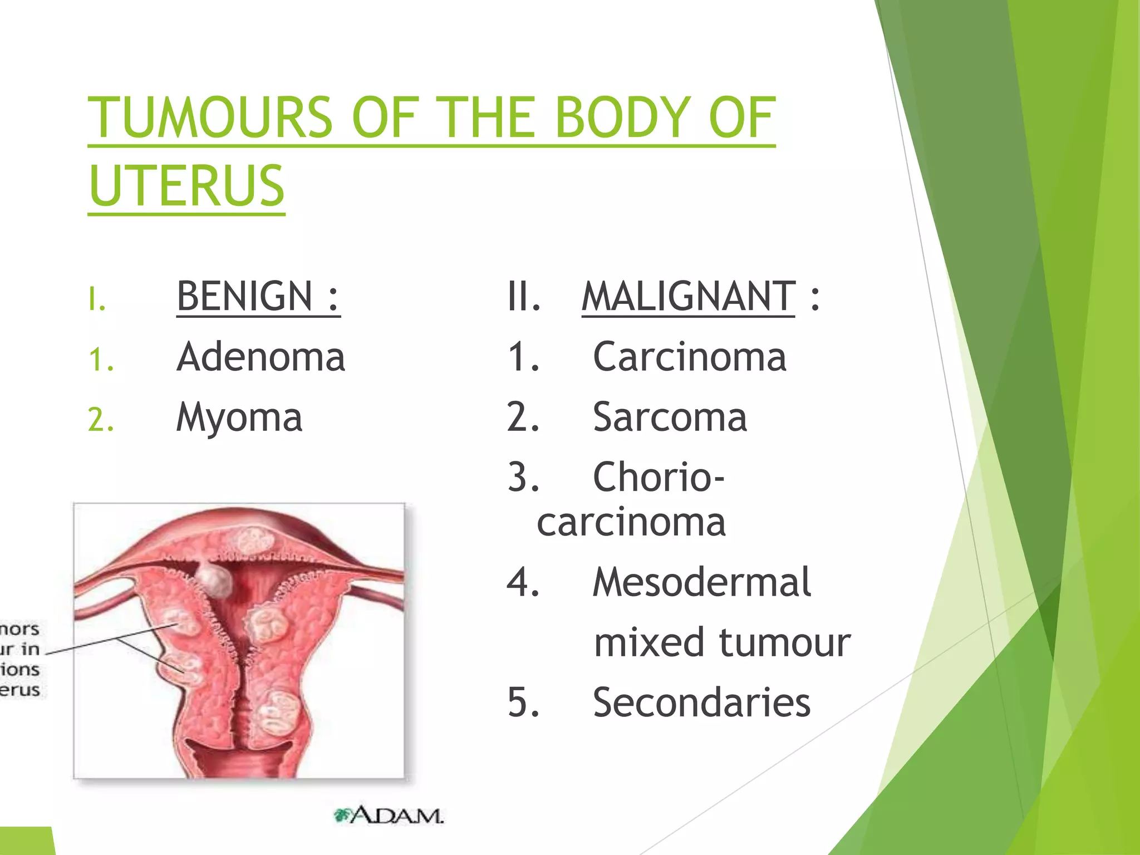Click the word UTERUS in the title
pos(186,185)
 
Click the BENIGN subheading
pos(258,296)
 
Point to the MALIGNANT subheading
pos(688,296)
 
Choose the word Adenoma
pos(261,357)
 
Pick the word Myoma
pos(239,418)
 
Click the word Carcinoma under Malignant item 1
pos(689,357)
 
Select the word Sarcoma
pos(670,417)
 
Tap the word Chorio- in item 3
pos(659,477)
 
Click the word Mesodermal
pos(701,582)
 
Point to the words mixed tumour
pos(722,642)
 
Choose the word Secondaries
pos(701,702)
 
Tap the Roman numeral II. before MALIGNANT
pos(524,296)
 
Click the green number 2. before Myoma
pos(101,420)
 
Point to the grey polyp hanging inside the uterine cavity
pos(215,579)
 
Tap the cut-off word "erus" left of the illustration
pos(19,690)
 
